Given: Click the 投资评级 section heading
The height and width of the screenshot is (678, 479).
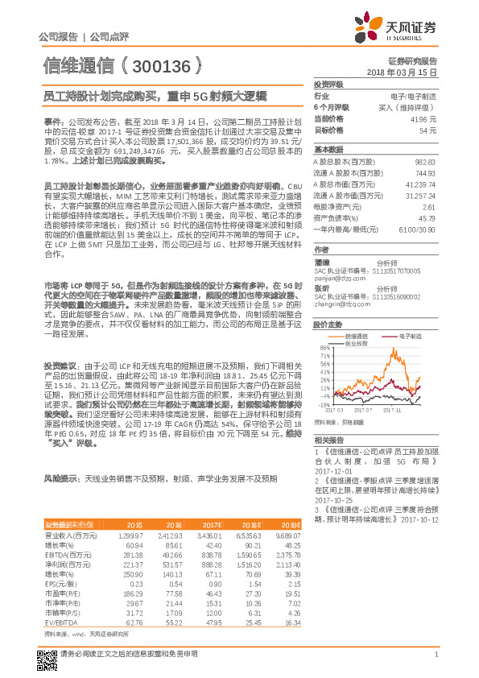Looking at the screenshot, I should [x=328, y=84].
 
